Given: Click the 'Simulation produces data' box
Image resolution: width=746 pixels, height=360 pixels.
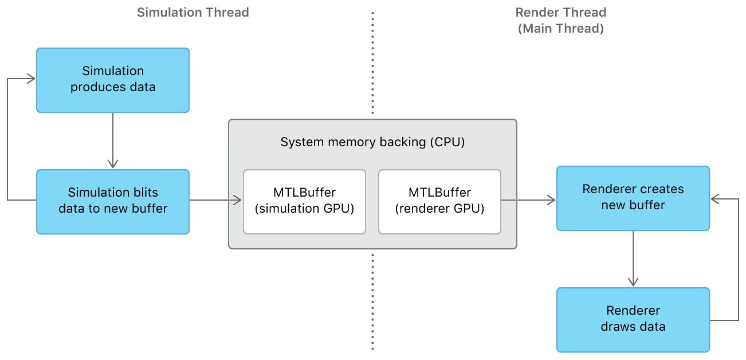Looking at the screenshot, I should (x=113, y=80).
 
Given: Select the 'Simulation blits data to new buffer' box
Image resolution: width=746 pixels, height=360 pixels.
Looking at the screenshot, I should (x=113, y=201).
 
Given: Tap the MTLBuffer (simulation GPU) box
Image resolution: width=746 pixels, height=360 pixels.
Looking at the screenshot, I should (x=304, y=201).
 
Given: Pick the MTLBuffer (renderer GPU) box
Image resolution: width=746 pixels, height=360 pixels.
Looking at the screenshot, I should (x=439, y=201).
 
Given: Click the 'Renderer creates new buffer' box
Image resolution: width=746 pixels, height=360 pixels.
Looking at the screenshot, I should (x=633, y=198).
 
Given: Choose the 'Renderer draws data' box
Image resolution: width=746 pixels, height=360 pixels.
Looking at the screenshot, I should (x=633, y=319).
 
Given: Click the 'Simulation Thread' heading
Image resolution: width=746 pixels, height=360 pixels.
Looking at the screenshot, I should (x=193, y=13).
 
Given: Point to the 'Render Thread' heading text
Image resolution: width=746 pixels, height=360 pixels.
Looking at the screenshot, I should (x=560, y=13).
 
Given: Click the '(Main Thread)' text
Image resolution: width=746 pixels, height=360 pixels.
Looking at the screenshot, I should (x=560, y=29).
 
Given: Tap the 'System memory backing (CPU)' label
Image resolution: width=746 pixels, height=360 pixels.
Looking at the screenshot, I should (x=372, y=142).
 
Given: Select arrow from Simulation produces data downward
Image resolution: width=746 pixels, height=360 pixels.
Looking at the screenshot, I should (x=113, y=140).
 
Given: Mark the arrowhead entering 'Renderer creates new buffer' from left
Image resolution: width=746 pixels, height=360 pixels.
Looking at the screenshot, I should (x=551, y=200).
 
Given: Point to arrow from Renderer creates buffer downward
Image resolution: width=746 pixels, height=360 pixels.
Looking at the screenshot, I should (x=633, y=258).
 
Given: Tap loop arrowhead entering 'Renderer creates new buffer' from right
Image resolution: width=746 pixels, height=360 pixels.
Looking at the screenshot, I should (x=716, y=199).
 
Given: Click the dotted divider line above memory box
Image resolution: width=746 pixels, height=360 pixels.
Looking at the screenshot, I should (x=372, y=63).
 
